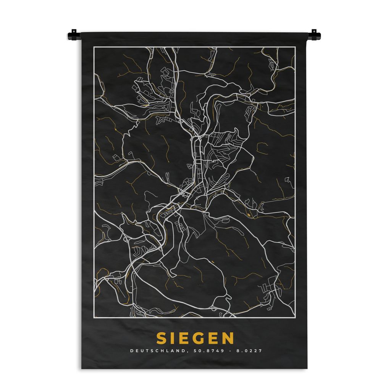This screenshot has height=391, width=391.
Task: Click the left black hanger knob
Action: (x=73, y=36)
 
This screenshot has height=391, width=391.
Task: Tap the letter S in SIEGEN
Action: (x=161, y=338)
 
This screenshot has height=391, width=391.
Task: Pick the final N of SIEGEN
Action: (x=228, y=338)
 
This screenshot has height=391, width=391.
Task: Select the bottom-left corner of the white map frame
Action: (x=94, y=317)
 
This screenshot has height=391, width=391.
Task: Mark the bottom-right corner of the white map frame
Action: (x=295, y=317)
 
